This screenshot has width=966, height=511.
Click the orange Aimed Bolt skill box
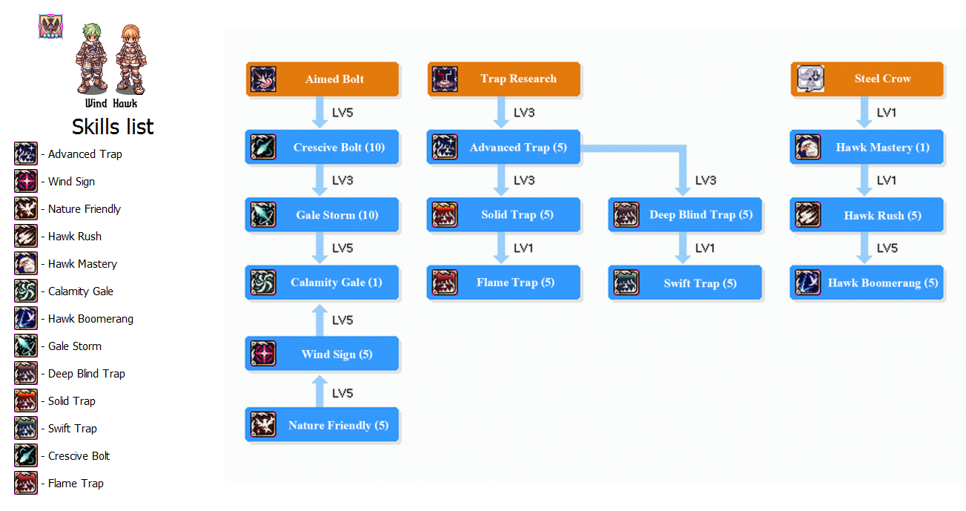click(x=322, y=79)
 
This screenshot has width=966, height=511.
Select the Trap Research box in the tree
click(x=504, y=79)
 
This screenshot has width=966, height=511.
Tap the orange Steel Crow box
click(x=867, y=79)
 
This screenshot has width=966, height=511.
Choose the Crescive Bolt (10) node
click(x=322, y=148)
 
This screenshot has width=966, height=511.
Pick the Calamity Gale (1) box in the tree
click(x=322, y=283)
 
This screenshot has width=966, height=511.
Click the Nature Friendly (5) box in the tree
click(x=322, y=426)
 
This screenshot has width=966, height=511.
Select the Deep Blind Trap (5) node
click(x=686, y=215)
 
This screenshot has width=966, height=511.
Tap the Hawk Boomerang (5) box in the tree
click(x=867, y=283)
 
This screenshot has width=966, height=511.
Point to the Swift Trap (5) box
click(x=686, y=283)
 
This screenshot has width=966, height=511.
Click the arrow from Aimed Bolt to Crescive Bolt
click(x=320, y=113)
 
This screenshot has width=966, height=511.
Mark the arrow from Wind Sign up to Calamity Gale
click(x=320, y=319)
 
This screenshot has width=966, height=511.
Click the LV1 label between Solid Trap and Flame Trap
click(x=523, y=248)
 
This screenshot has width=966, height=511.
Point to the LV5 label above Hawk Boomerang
click(x=887, y=248)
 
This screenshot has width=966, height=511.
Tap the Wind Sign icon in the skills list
click(x=26, y=182)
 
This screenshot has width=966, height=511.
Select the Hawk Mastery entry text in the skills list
click(x=82, y=264)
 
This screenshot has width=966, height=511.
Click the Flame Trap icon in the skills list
click(x=26, y=484)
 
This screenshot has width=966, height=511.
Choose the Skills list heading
click(x=113, y=127)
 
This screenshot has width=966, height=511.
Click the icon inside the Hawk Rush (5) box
click(x=808, y=215)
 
